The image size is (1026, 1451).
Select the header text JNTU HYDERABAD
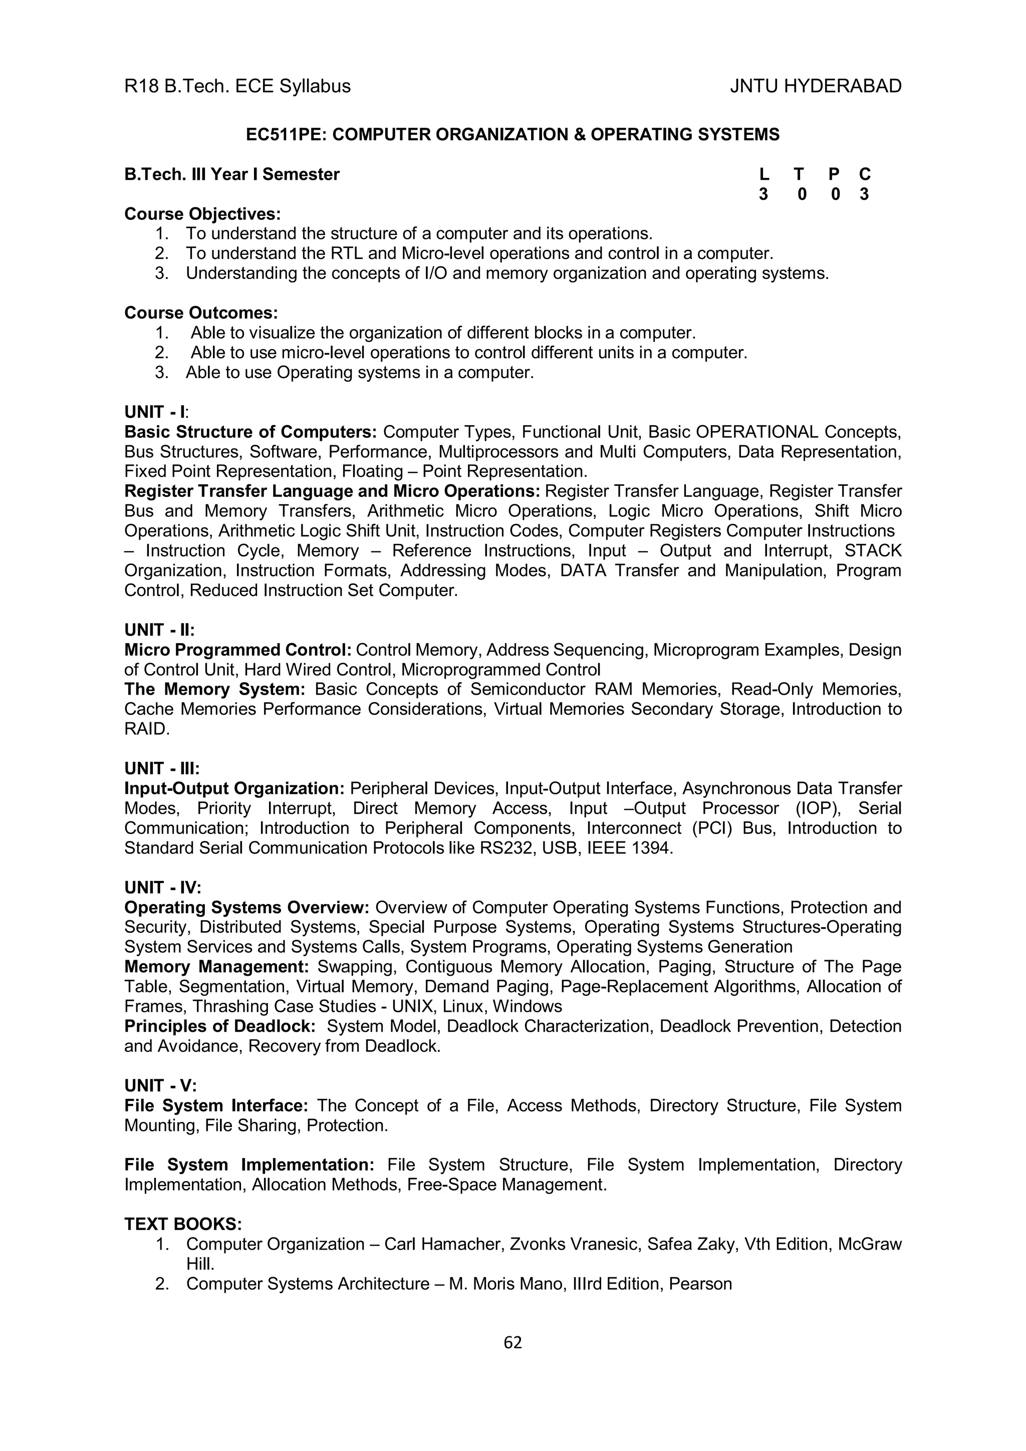click(x=816, y=86)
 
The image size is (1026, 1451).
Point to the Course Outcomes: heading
click(x=201, y=313)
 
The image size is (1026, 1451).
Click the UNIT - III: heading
click(x=162, y=768)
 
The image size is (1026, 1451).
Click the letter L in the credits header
click(x=763, y=174)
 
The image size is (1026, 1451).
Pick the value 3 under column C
click(x=864, y=195)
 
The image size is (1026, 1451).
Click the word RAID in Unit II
click(x=145, y=729)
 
